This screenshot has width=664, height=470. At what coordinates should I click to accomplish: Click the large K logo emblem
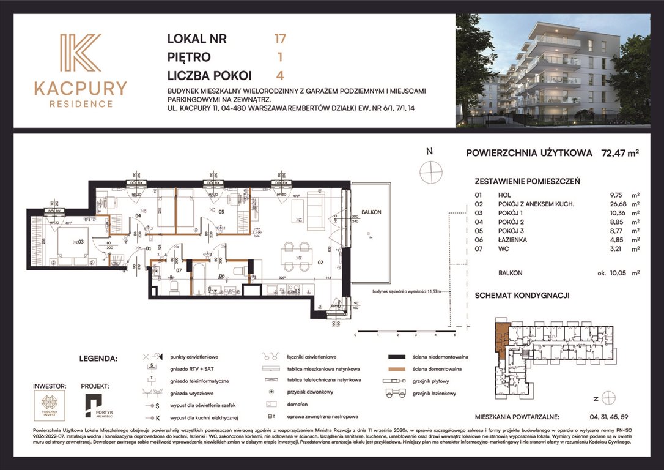click(x=80, y=53)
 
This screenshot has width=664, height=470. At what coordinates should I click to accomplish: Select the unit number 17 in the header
click(x=280, y=39)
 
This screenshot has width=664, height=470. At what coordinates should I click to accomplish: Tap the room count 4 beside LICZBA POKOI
click(x=280, y=75)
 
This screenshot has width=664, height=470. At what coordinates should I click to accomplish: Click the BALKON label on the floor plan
click(x=371, y=212)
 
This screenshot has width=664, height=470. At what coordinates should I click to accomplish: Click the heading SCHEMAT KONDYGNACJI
click(x=522, y=295)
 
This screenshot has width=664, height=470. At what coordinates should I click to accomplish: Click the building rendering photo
click(x=553, y=70)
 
